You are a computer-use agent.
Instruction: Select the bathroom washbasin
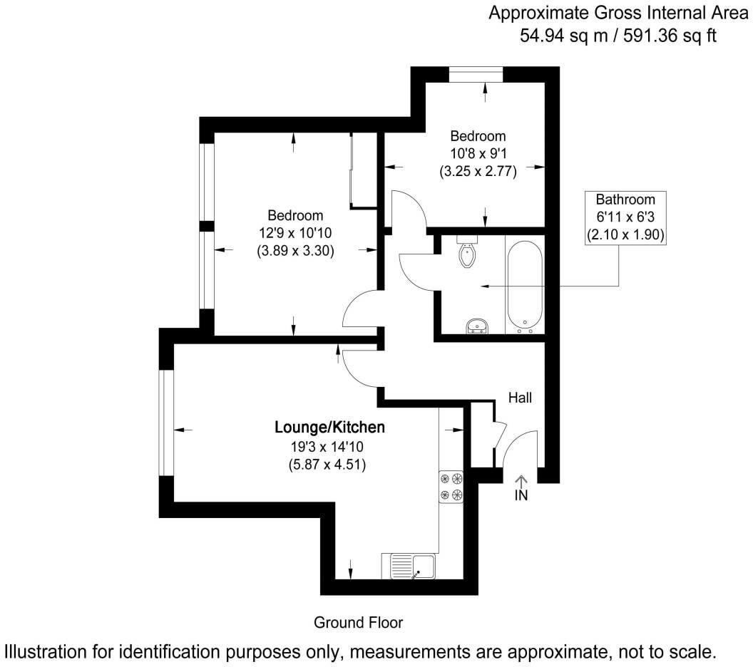click(x=477, y=326)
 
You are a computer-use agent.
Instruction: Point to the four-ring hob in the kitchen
click(x=451, y=487)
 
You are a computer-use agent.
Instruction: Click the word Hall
click(x=520, y=398)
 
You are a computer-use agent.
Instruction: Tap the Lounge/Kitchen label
click(x=330, y=428)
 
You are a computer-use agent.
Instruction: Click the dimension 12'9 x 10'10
click(x=295, y=232)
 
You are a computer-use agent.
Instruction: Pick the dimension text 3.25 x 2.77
click(x=478, y=171)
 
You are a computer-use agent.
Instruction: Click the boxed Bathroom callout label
click(x=625, y=217)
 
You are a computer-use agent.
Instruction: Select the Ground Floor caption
click(x=359, y=623)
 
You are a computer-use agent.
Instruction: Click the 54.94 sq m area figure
click(x=565, y=34)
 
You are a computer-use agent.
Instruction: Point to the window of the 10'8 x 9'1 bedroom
click(x=476, y=73)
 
